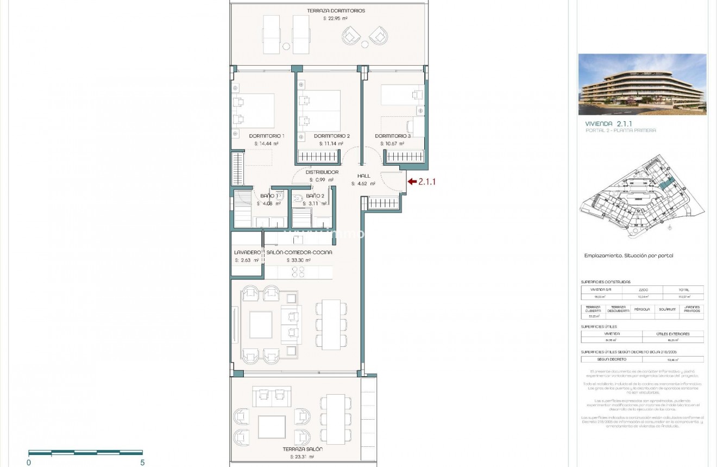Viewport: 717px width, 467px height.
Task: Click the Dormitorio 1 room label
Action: (x=267, y=136)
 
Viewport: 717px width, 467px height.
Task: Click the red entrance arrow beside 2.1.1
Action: (x=412, y=182)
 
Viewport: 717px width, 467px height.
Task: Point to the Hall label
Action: (x=363, y=176)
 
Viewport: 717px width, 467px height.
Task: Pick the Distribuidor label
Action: (x=322, y=172)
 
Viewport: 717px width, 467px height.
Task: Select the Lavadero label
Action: (x=247, y=252)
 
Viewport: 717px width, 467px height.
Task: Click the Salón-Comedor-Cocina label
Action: (x=299, y=252)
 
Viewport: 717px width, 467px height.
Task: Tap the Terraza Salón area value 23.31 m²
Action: (x=303, y=457)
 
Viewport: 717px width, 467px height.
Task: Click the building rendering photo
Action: (x=642, y=84)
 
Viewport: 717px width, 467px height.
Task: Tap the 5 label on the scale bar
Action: (x=142, y=463)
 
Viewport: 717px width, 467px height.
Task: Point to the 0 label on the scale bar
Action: (x=29, y=463)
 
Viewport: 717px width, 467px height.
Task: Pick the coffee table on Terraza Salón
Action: (x=272, y=427)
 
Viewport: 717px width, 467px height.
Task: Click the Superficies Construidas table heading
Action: (x=606, y=282)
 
